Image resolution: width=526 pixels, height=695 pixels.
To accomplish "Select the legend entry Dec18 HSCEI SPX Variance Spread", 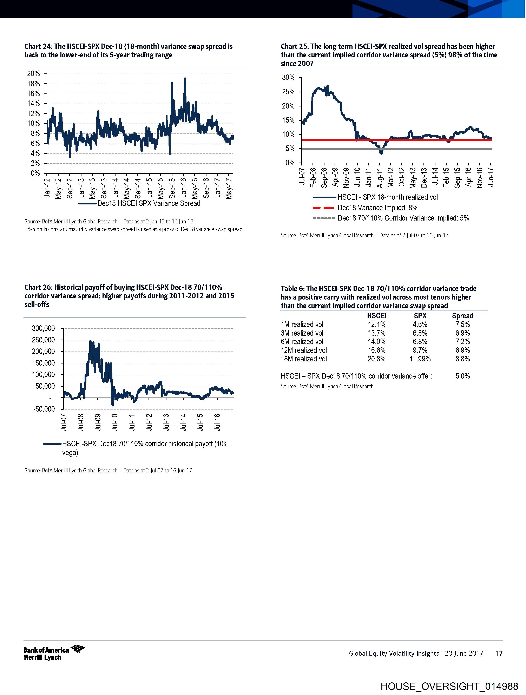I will click(x=149, y=203).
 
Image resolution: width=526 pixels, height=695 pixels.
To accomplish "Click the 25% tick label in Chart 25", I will click(x=288, y=92).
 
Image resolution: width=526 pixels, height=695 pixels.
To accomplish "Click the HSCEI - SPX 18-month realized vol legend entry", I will click(x=387, y=197).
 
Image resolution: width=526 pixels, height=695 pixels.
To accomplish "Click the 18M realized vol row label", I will click(x=304, y=359).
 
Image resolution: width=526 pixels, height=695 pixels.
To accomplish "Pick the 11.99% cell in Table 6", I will click(x=420, y=359).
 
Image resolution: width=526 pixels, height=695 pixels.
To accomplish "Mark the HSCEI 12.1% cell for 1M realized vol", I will click(x=376, y=324).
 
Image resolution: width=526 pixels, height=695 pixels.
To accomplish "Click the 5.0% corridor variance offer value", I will click(x=462, y=376).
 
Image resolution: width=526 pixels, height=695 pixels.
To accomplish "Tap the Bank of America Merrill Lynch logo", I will click(x=54, y=653).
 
